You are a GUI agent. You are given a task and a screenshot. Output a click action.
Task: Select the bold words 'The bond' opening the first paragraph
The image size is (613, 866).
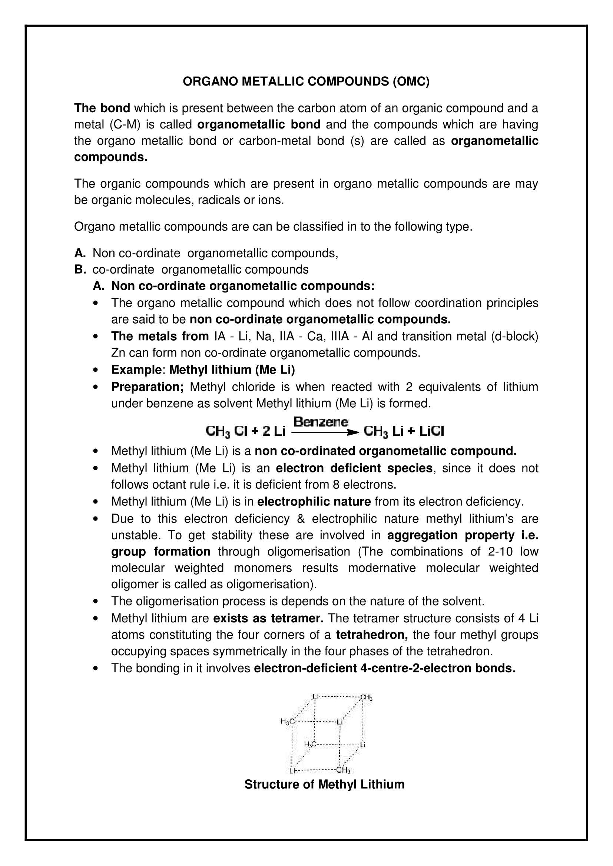click(102, 108)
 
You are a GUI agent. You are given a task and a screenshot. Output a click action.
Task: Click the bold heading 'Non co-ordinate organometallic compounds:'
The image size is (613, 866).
click(243, 286)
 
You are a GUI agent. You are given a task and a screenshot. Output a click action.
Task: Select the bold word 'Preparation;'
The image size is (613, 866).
click(147, 387)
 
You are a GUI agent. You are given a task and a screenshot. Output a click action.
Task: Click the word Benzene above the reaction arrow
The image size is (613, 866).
click(321, 421)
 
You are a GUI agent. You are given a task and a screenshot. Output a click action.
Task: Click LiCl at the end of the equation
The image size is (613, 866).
click(431, 431)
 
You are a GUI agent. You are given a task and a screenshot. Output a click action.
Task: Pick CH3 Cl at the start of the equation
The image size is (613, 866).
click(226, 431)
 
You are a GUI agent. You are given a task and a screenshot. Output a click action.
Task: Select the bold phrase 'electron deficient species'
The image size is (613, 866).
click(354, 468)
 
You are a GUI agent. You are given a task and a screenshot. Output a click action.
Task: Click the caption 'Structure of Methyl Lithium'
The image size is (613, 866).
click(324, 784)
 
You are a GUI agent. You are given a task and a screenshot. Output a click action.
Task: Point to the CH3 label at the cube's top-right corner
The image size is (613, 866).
click(366, 698)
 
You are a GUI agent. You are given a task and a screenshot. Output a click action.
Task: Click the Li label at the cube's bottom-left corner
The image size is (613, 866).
click(292, 770)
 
